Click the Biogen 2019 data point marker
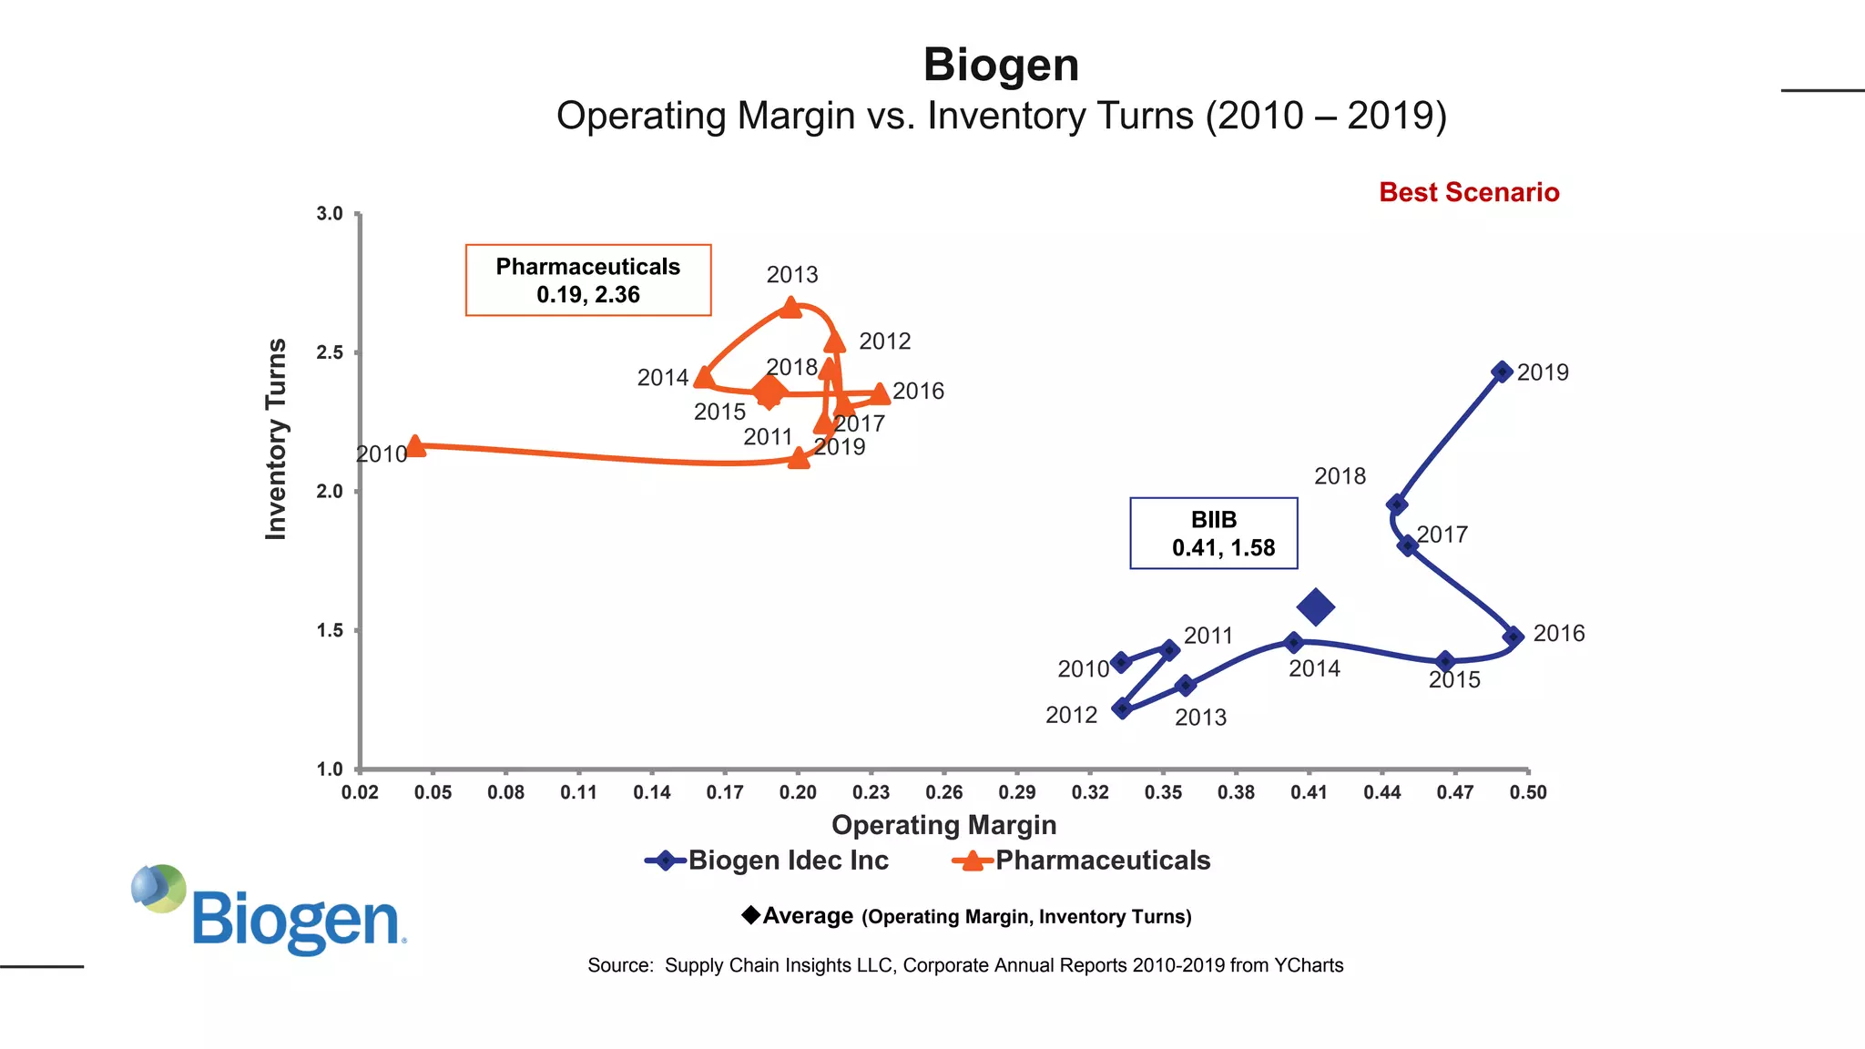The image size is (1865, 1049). pyautogui.click(x=1503, y=372)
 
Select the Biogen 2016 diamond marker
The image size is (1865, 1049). pyautogui.click(x=1513, y=637)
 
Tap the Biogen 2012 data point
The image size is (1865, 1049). pyautogui.click(x=1122, y=708)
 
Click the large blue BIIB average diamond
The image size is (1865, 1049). pyautogui.click(x=1316, y=606)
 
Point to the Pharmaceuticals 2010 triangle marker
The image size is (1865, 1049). pyautogui.click(x=415, y=446)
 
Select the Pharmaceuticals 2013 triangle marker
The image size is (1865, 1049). pyautogui.click(x=791, y=308)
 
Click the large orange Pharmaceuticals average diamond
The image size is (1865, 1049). pyautogui.click(x=769, y=392)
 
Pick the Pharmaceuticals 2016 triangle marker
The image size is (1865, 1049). pyautogui.click(x=880, y=394)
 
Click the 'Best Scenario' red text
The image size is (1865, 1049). pyautogui.click(x=1468, y=192)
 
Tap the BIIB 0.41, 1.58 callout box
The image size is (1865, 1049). pyautogui.click(x=1213, y=534)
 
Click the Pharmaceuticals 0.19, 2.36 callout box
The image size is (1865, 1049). pyautogui.click(x=587, y=280)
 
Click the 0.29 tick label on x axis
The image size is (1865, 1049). pyautogui.click(x=1016, y=792)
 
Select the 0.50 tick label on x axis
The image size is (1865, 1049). pyautogui.click(x=1527, y=792)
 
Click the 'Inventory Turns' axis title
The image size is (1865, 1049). pyautogui.click(x=276, y=439)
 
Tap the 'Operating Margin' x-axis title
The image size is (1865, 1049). pyautogui.click(x=943, y=825)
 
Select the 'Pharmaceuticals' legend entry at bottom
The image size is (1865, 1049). pyautogui.click(x=1081, y=861)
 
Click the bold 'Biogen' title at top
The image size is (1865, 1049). pyautogui.click(x=1001, y=66)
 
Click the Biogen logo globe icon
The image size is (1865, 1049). pyautogui.click(x=158, y=888)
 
